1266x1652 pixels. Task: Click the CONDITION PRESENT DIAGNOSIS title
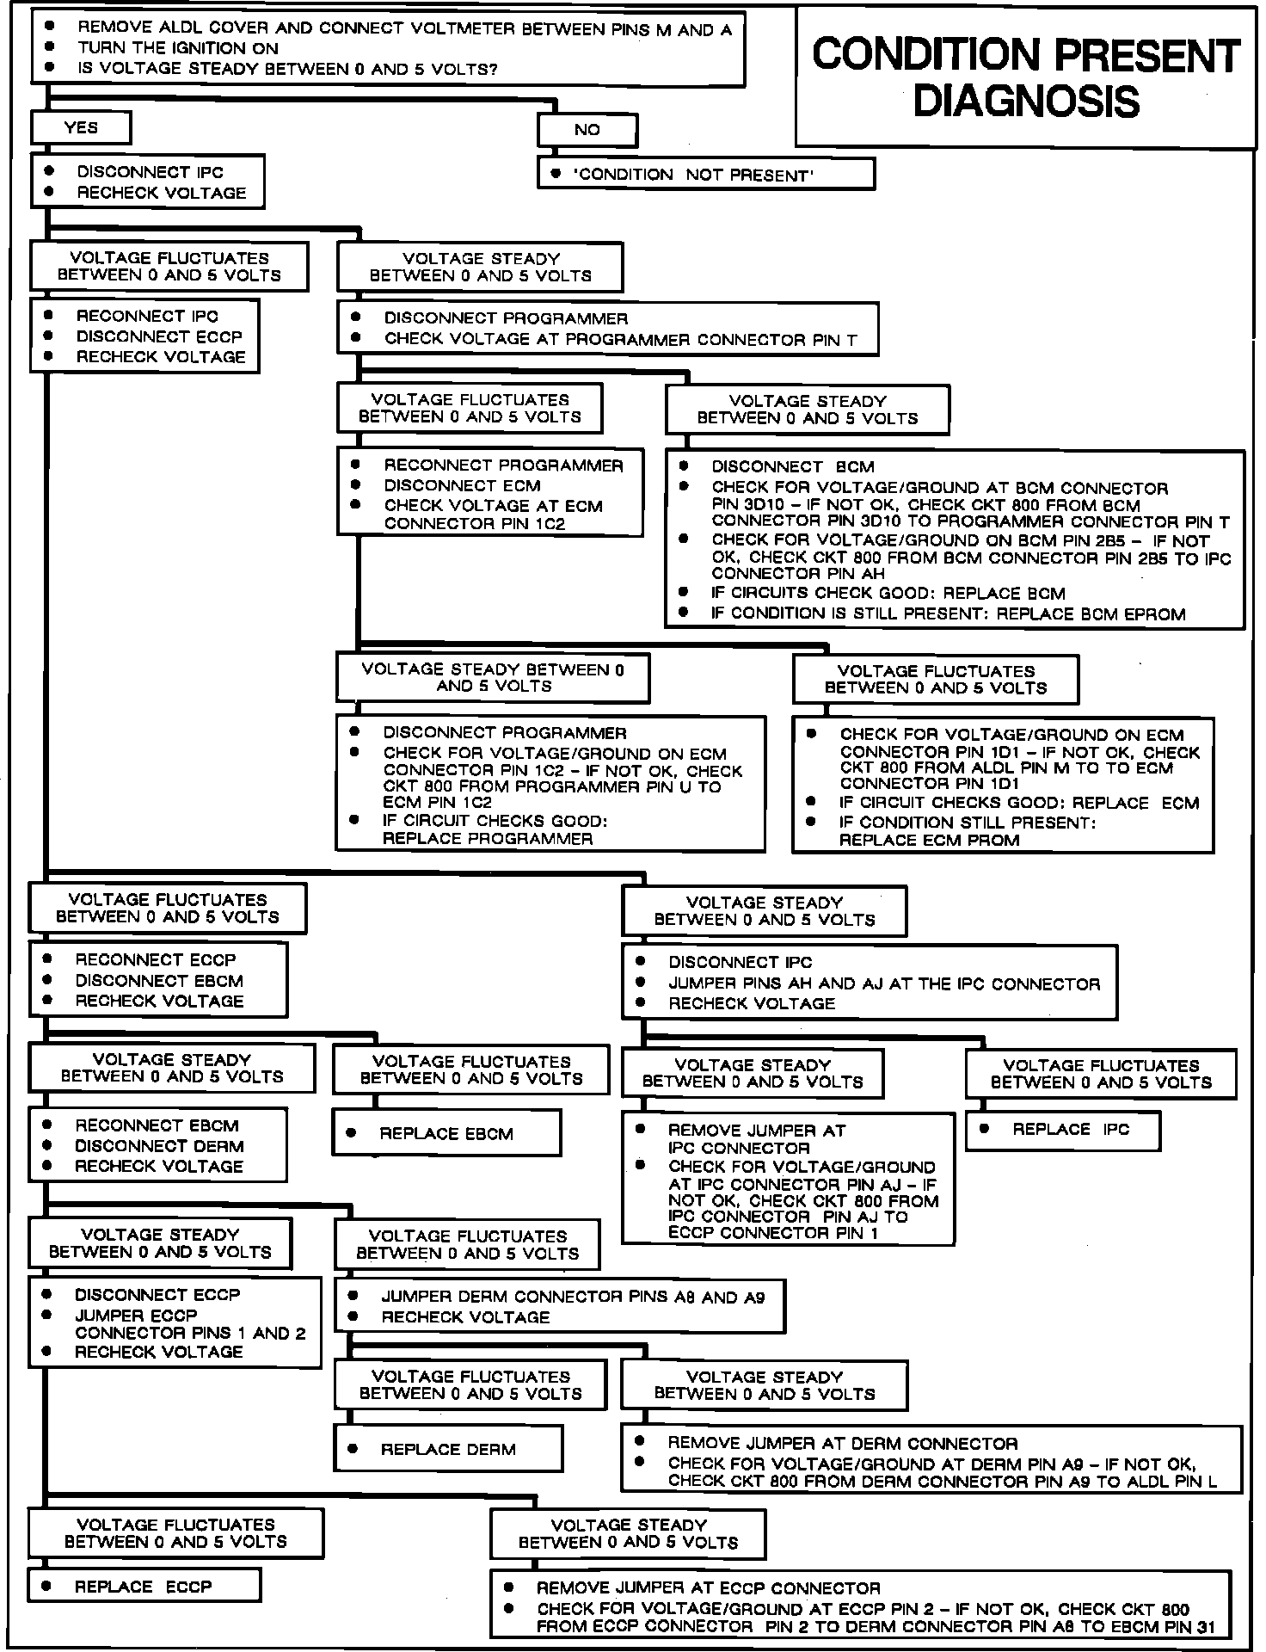pyautogui.click(x=1026, y=77)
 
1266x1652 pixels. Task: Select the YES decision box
pyautogui.click(x=81, y=128)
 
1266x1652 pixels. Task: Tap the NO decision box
pyautogui.click(x=587, y=130)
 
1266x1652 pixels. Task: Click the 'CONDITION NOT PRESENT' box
pyautogui.click(x=706, y=175)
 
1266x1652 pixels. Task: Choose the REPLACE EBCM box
pyautogui.click(x=446, y=1134)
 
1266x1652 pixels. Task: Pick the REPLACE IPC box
pyautogui.click(x=1063, y=1130)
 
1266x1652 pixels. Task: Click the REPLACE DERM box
pyautogui.click(x=448, y=1450)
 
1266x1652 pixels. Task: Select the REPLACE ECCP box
pyautogui.click(x=143, y=1587)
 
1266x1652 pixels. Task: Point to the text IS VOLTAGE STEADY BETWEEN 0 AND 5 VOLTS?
pyautogui.click(x=287, y=69)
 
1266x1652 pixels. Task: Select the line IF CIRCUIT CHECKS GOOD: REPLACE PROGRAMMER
pyautogui.click(x=495, y=829)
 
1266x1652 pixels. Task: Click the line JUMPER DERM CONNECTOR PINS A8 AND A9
pyautogui.click(x=573, y=1297)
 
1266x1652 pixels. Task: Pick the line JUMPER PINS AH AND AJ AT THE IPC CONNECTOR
pyautogui.click(x=884, y=983)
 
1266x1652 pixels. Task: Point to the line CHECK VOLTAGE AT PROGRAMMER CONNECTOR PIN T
pyautogui.click(x=620, y=339)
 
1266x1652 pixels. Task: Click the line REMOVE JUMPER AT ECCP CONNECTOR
pyautogui.click(x=708, y=1588)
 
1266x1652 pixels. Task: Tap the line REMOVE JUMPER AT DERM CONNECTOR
pyautogui.click(x=843, y=1444)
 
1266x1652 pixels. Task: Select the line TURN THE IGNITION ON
pyautogui.click(x=178, y=48)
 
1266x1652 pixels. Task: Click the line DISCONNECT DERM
pyautogui.click(x=159, y=1146)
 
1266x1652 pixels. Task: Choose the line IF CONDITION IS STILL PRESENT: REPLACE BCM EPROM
pyautogui.click(x=948, y=613)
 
